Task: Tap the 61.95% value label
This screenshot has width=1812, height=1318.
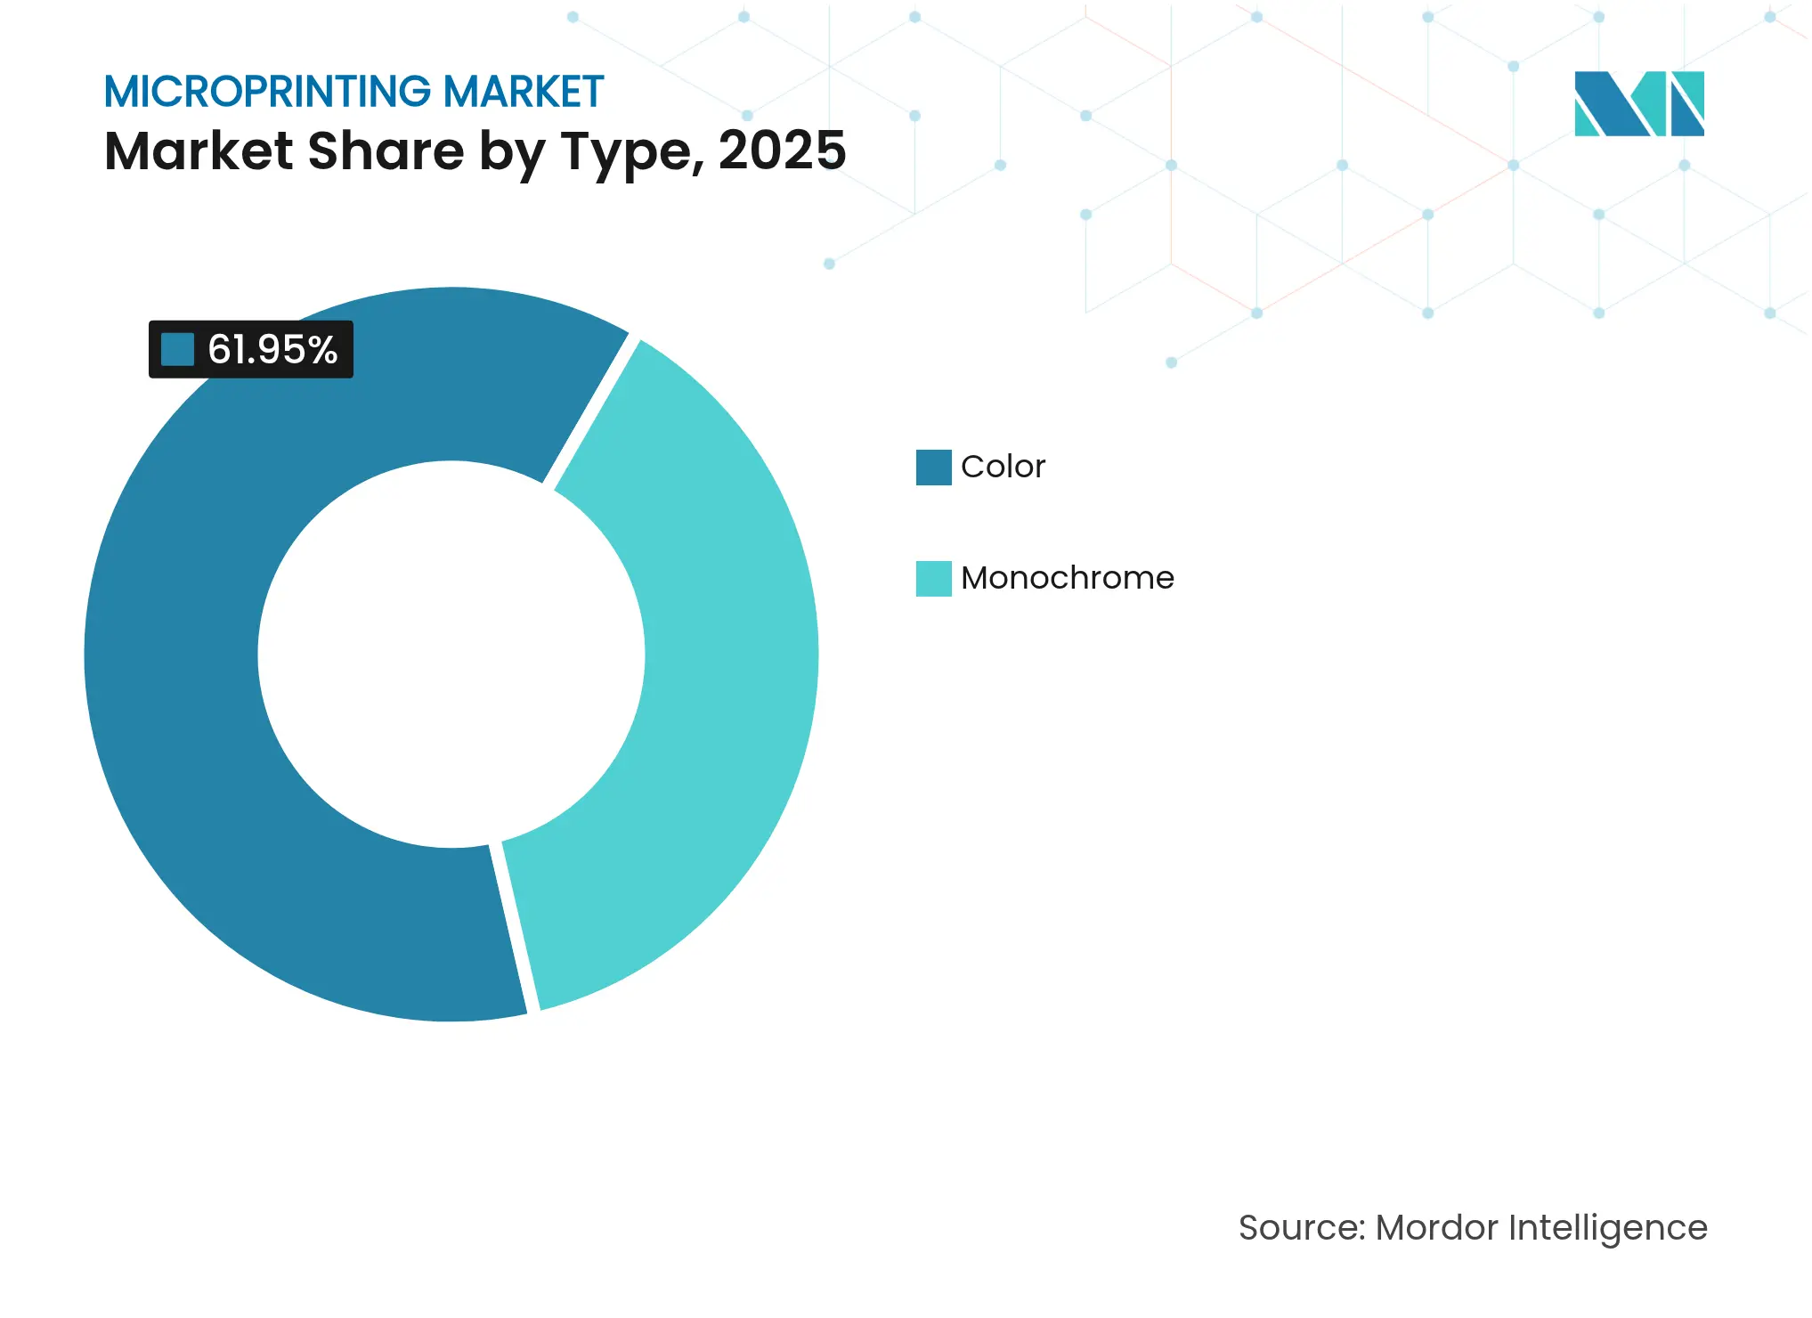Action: (272, 349)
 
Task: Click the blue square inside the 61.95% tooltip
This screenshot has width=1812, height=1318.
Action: (177, 349)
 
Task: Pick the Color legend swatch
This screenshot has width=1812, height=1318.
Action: (933, 468)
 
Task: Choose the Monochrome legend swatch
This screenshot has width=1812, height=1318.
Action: (933, 579)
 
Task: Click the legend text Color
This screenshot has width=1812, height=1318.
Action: (1003, 467)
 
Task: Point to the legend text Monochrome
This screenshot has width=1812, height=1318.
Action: (1067, 578)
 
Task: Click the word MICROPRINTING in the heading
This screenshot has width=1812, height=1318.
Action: (267, 92)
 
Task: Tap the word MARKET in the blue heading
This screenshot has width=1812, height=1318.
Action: (524, 92)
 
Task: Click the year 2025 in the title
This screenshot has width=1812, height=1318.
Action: (782, 151)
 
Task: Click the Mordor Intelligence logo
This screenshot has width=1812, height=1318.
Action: (1638, 103)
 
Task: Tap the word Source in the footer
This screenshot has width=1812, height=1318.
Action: (1301, 1227)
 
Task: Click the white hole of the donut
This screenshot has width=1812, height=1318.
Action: (451, 655)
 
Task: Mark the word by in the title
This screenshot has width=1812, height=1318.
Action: (512, 152)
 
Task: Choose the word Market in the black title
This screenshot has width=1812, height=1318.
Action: (199, 151)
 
